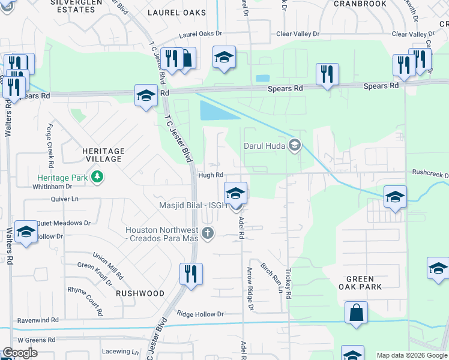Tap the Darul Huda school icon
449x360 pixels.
(295, 145)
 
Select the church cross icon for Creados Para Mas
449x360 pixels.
(208, 233)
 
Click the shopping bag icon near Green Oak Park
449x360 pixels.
(356, 313)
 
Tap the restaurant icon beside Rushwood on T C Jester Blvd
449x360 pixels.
(191, 274)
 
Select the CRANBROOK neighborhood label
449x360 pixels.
(360, 3)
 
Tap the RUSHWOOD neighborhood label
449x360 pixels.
(140, 293)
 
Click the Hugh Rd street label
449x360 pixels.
(206, 175)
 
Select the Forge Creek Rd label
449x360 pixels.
(50, 146)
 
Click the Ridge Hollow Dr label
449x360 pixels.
(200, 314)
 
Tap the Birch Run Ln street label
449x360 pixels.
(271, 277)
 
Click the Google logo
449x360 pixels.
(20, 353)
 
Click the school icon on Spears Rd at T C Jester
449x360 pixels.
(146, 95)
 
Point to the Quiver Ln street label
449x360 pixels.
(66, 199)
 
